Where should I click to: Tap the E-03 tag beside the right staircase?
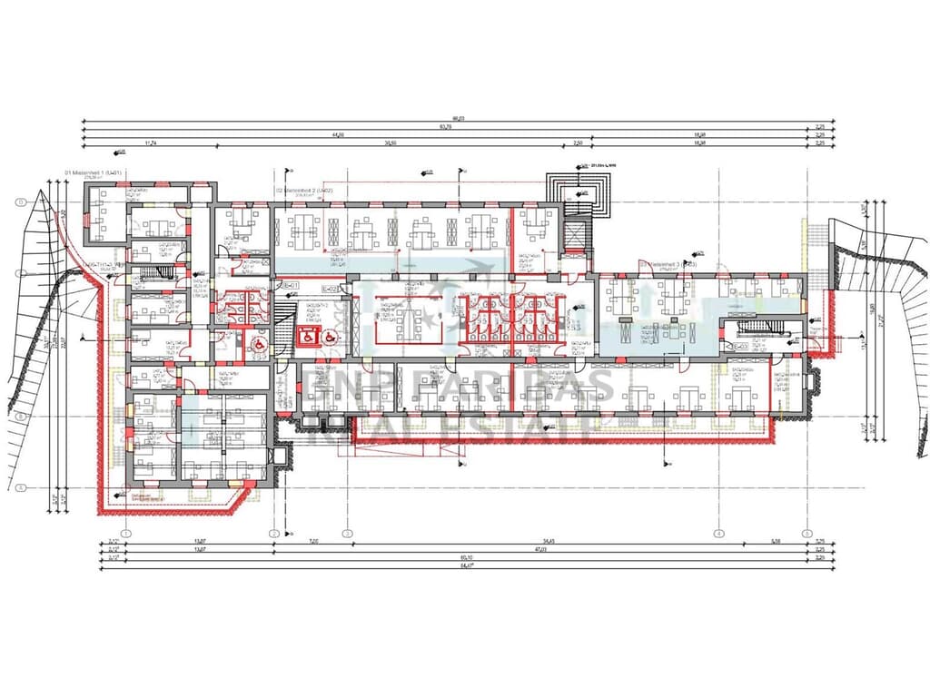(x=741, y=346)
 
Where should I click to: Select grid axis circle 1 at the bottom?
(x=126, y=533)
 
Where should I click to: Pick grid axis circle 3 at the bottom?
(x=346, y=533)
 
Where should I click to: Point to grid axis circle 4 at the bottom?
(x=718, y=533)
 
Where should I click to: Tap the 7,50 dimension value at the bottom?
(x=312, y=543)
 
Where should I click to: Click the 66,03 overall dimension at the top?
(x=459, y=118)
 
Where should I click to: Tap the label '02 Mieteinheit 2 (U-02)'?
(x=303, y=191)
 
